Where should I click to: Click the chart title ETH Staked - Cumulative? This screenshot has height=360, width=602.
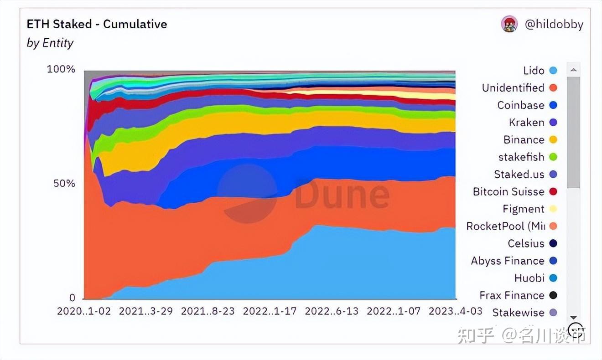point(97,24)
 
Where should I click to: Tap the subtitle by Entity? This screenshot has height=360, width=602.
point(50,43)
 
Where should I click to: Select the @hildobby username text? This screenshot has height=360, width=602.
point(554,24)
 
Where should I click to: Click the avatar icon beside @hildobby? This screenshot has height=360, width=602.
point(509,24)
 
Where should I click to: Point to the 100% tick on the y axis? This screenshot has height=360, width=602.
point(61,69)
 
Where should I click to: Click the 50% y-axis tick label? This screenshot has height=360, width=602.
point(64,183)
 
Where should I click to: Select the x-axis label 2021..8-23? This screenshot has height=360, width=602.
point(208,311)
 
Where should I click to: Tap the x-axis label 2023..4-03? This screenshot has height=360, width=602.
point(455,311)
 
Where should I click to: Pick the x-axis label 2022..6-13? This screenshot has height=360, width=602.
point(332,311)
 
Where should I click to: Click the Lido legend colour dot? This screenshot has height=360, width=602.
point(553,71)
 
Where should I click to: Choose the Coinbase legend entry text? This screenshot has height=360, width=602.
point(520,105)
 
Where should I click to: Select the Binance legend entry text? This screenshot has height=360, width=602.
point(524,140)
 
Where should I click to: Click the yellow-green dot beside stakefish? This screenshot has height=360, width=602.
point(553,157)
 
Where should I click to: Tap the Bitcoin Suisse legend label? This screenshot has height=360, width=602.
point(508,192)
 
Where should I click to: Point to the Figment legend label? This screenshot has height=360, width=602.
point(523,209)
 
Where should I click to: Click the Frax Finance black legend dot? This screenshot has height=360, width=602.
point(553,296)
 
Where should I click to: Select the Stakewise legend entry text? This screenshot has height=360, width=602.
point(518,313)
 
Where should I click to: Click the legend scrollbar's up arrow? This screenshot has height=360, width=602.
point(574,70)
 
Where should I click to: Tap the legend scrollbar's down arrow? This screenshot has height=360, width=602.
point(574,318)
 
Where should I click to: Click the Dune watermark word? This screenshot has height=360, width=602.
point(342,194)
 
